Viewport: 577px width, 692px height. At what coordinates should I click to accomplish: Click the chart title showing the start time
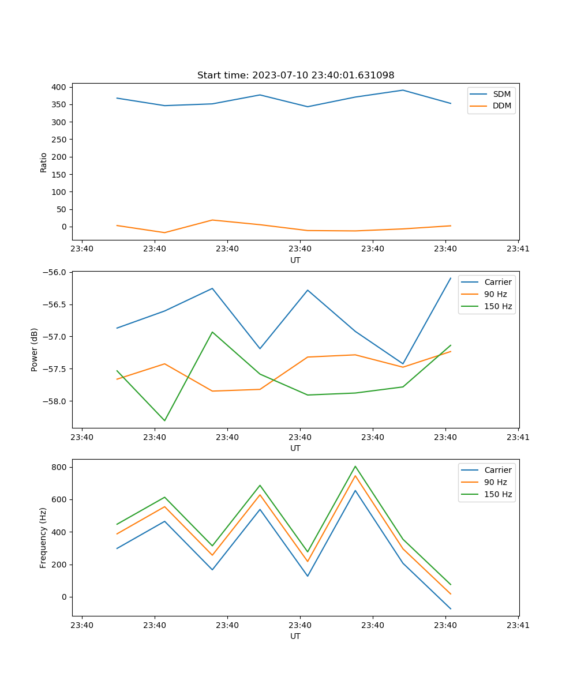[295, 76]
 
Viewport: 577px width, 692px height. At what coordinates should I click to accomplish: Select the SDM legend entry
[501, 94]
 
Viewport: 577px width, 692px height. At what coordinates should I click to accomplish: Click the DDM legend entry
[501, 106]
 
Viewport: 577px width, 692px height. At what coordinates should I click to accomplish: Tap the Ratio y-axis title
[44, 163]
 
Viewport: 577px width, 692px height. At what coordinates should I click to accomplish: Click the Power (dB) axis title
[35, 349]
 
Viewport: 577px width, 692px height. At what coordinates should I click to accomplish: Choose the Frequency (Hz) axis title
[43, 537]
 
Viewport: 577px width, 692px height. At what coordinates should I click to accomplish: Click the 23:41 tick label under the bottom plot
[518, 625]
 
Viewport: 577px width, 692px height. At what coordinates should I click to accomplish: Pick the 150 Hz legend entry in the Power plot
[498, 307]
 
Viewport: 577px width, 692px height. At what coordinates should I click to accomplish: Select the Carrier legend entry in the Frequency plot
[497, 470]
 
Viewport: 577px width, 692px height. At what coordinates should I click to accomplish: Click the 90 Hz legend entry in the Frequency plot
[496, 482]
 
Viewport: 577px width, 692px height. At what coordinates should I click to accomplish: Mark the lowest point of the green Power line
[164, 420]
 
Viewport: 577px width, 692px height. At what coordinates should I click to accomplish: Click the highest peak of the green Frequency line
[355, 466]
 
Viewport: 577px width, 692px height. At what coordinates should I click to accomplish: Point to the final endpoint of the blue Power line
[451, 278]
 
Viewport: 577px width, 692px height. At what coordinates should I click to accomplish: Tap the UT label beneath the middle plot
[295, 448]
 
